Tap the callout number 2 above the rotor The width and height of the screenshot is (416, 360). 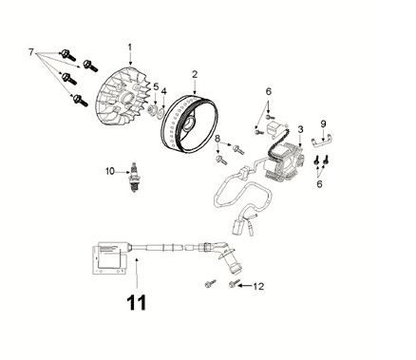coord(194,74)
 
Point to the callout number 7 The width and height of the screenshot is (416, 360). coord(32,48)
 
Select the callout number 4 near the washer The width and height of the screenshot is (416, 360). coord(163,91)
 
